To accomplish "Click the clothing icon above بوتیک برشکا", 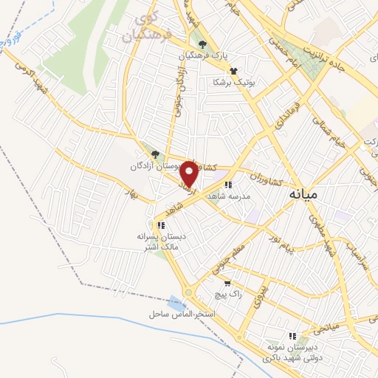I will pyautogui.click(x=234, y=71).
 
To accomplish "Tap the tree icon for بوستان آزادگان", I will pyautogui.click(x=155, y=154).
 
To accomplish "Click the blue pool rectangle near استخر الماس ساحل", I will pyautogui.click(x=176, y=302).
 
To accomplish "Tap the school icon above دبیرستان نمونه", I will pyautogui.click(x=293, y=336).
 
